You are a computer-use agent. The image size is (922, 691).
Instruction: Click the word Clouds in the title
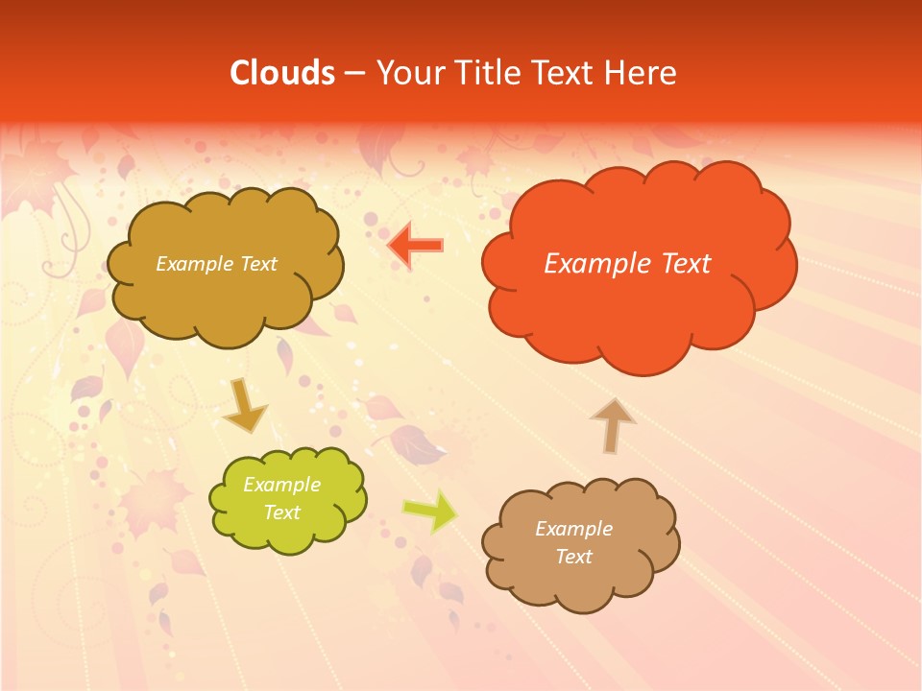281,73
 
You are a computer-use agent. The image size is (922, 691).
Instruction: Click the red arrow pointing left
415,246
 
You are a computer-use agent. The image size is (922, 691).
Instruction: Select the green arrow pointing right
430,511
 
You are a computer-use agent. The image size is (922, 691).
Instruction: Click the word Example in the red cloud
593,264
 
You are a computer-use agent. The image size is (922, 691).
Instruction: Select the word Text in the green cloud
281,512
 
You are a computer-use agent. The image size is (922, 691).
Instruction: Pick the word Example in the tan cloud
573,529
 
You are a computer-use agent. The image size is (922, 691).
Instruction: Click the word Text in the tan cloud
573,557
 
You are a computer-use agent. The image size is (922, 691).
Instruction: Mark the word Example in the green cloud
281,485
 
